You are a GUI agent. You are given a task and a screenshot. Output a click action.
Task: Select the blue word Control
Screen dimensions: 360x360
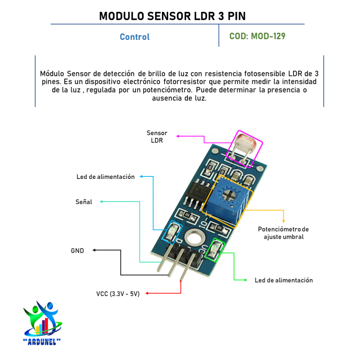(x=135, y=37)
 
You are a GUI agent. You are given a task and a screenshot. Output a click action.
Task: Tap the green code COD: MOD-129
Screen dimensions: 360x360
(x=257, y=36)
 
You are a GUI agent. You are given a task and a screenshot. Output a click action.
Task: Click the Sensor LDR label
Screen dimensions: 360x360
(x=157, y=137)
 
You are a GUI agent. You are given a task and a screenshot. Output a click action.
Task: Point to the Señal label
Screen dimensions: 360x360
(x=84, y=202)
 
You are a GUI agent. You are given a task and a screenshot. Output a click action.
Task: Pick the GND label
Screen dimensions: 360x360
(x=77, y=251)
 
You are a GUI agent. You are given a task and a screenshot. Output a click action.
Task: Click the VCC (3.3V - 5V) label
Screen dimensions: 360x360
(x=118, y=293)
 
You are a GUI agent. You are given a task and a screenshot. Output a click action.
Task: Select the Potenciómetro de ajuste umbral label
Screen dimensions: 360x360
(x=283, y=233)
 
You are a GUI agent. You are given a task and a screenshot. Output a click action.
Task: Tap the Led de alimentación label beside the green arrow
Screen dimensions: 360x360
(x=284, y=280)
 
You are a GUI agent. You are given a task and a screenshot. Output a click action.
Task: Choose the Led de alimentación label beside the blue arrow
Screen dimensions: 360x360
(x=105, y=177)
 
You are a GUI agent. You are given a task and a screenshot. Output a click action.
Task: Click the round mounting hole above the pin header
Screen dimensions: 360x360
(x=194, y=238)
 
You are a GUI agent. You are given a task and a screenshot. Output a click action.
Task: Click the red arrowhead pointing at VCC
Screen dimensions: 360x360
(x=147, y=293)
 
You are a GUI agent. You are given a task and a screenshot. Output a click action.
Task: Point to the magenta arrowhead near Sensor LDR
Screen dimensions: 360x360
(x=177, y=136)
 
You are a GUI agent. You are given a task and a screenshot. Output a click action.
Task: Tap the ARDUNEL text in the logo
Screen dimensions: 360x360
(x=42, y=341)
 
